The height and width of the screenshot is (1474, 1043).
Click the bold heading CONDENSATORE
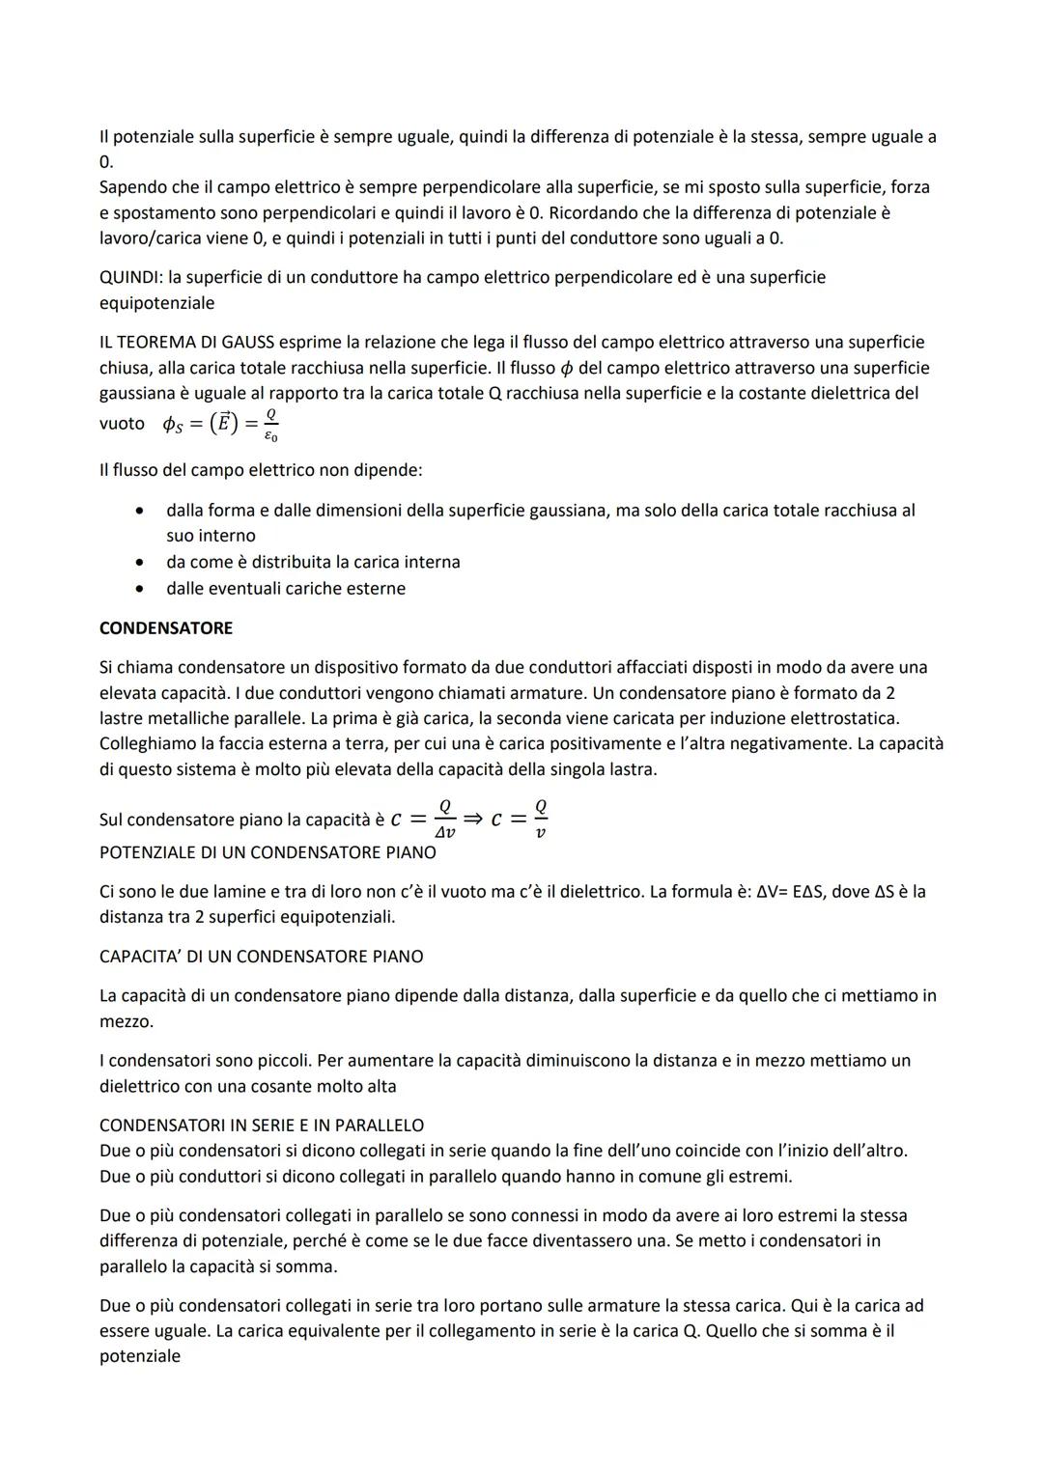point(166,628)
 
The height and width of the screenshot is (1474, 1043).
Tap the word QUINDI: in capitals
point(131,278)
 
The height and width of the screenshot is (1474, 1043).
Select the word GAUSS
point(245,343)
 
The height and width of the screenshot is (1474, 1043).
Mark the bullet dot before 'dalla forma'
point(141,511)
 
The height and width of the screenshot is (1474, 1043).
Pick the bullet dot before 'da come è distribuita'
point(141,563)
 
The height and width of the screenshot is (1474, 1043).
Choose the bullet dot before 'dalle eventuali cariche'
point(141,589)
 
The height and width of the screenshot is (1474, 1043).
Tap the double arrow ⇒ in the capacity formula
point(473,819)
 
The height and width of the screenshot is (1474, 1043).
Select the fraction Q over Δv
point(444,819)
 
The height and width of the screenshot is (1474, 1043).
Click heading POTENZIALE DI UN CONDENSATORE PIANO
point(268,853)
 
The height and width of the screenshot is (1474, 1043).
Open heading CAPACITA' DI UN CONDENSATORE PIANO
point(261,957)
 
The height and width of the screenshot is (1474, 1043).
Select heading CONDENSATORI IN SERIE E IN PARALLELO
point(262,1126)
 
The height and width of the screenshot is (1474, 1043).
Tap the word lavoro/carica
point(150,238)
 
